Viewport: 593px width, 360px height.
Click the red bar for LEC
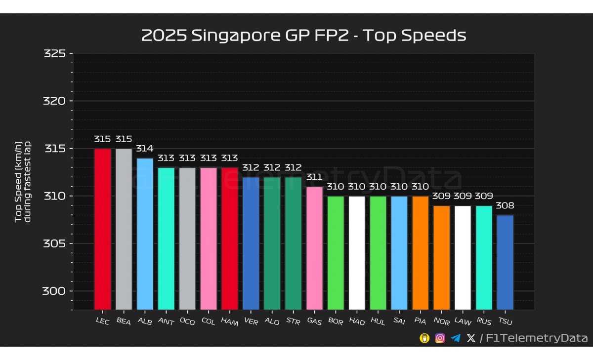pos(102,229)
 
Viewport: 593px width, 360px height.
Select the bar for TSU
pos(505,262)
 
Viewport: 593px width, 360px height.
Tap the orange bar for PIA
pos(421,253)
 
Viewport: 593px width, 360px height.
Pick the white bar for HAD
pos(357,253)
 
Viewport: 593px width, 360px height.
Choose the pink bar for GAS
pos(314,248)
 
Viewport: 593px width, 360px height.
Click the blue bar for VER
pos(251,243)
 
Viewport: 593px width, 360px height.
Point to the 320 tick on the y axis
pos(72,101)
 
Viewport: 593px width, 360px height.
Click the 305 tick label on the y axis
pos(54,243)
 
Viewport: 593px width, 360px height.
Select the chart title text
pos(303,36)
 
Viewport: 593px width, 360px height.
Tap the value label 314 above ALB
pos(145,149)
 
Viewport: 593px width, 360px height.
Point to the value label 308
pos(505,205)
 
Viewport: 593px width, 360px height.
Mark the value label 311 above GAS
pos(314,177)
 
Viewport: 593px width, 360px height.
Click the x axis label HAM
pos(230,322)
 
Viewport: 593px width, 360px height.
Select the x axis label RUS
pos(484,322)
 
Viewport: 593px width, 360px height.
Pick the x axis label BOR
pos(336,322)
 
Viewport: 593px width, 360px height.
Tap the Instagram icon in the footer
pos(440,338)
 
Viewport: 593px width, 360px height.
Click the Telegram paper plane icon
pos(455,338)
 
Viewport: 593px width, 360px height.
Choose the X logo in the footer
pos(470,338)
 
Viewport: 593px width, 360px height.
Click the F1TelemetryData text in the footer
pos(537,338)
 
